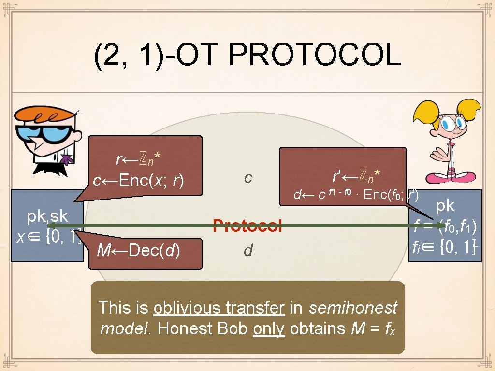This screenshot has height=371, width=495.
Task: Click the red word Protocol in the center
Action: click(x=247, y=226)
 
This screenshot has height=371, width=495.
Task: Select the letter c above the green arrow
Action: click(x=248, y=178)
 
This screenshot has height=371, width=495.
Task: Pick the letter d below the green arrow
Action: click(x=248, y=250)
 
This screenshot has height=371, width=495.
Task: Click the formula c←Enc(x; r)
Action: click(x=138, y=181)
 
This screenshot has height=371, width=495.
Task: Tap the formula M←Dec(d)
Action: click(x=138, y=250)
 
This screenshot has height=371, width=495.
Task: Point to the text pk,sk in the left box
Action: click(x=47, y=216)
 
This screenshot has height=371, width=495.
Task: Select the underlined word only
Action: click(x=268, y=328)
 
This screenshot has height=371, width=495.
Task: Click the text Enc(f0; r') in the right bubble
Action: click(x=391, y=195)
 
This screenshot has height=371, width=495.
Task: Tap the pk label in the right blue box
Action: click(x=445, y=205)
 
